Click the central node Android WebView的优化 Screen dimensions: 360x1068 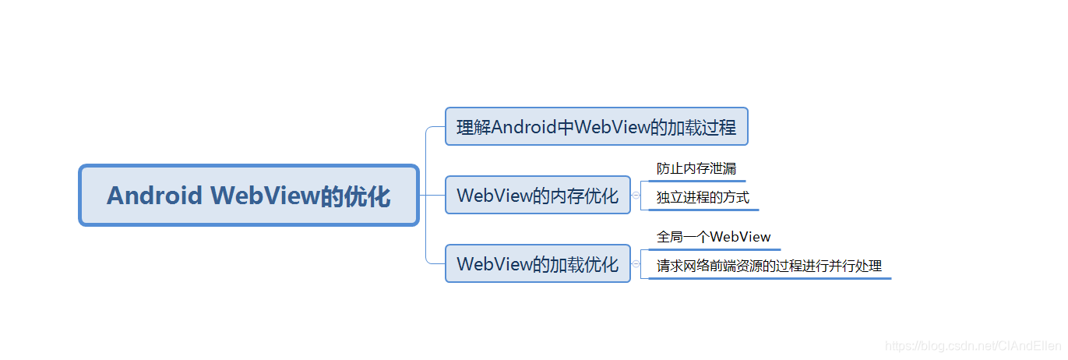(x=248, y=196)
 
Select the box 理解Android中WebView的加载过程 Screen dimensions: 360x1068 (x=596, y=126)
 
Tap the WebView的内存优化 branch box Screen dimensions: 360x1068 (x=538, y=195)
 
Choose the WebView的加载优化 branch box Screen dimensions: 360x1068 (x=538, y=263)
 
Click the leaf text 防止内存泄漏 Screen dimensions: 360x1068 (x=696, y=168)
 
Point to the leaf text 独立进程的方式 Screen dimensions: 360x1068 (x=703, y=197)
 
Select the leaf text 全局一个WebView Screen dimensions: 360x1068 (x=714, y=237)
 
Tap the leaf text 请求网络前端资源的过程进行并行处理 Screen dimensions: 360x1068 (x=769, y=266)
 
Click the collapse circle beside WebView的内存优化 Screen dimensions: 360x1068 (x=636, y=196)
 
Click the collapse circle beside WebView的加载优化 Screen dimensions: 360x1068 (x=636, y=264)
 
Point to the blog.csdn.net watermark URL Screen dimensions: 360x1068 (x=974, y=344)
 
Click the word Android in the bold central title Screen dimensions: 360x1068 (x=154, y=196)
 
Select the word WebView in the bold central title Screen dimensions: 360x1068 (x=265, y=196)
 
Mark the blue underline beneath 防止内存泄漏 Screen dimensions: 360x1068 (x=696, y=181)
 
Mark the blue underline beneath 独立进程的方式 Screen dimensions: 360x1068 (x=703, y=210)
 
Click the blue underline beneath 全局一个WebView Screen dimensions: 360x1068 (x=714, y=249)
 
